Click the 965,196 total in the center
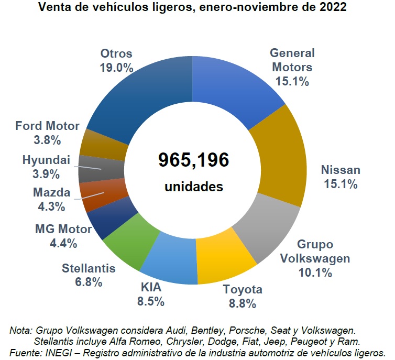coord(193,160)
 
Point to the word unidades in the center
coord(193,187)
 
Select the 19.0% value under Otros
coord(116,68)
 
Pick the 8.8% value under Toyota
coord(242,303)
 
